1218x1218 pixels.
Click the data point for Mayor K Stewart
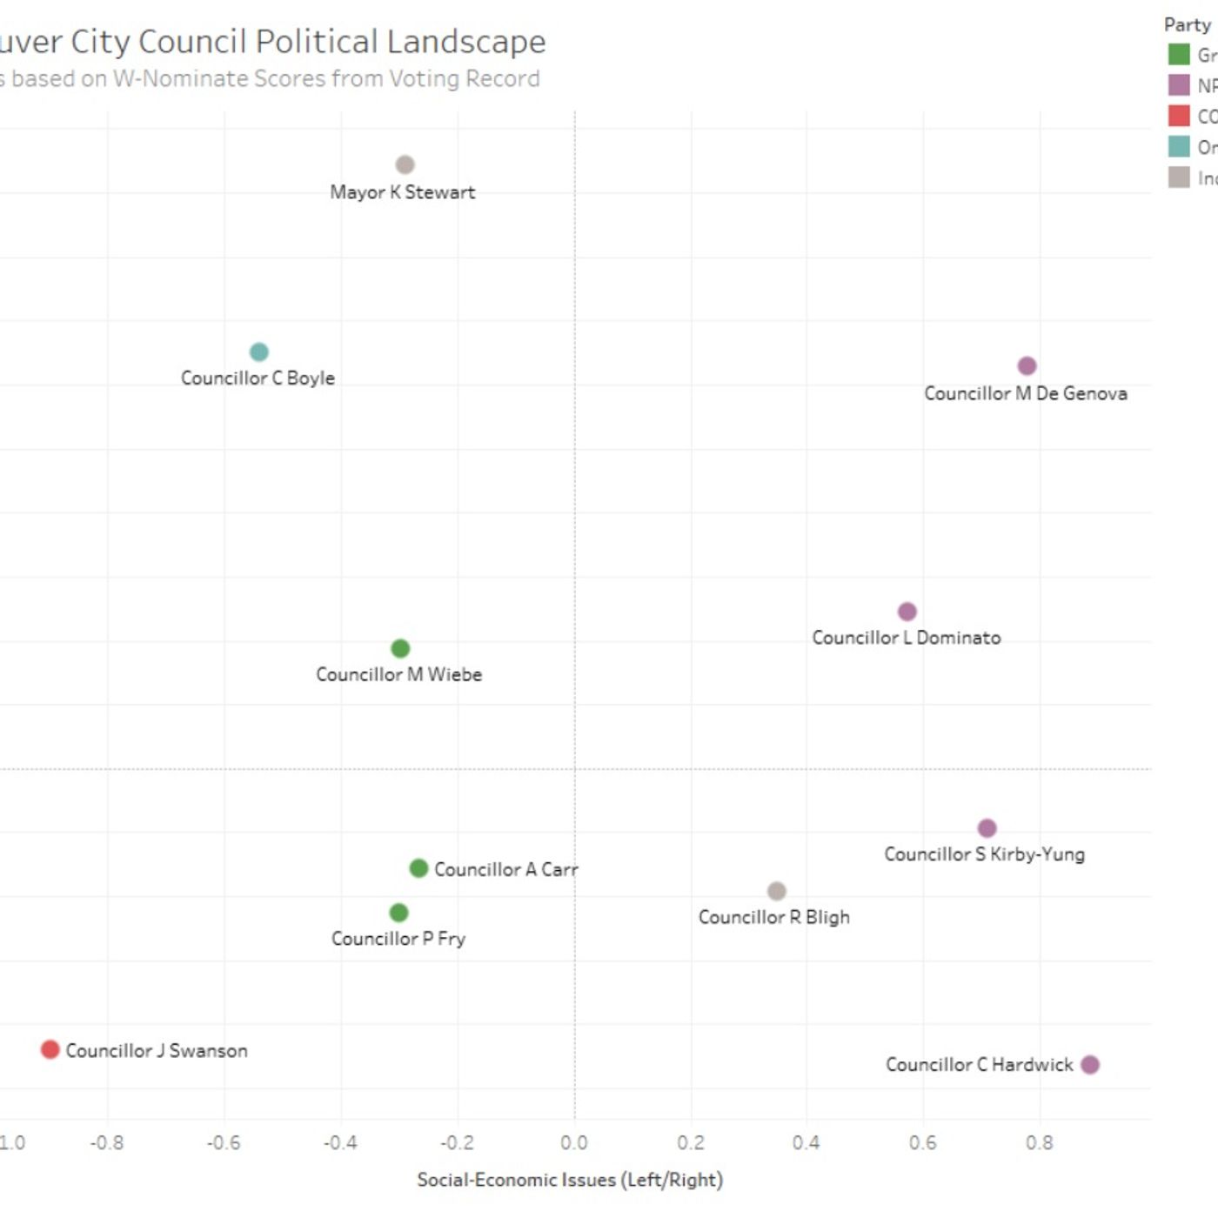point(405,164)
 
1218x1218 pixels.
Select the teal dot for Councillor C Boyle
point(259,352)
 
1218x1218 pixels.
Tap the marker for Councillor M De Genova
point(1027,366)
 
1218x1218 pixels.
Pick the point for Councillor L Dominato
point(907,612)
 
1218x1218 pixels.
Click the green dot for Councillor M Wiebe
point(400,648)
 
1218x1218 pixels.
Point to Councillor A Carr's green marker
point(418,868)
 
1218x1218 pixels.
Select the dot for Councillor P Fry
point(398,913)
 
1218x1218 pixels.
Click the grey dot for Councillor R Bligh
point(777,891)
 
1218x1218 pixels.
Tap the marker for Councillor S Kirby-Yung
point(987,828)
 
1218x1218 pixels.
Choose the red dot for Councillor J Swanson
point(50,1049)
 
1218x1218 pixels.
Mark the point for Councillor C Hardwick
point(1090,1064)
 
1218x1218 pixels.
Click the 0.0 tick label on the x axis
point(574,1142)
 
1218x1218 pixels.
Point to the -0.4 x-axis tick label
point(340,1142)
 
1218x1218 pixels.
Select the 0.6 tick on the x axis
point(923,1142)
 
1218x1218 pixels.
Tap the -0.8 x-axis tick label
point(107,1142)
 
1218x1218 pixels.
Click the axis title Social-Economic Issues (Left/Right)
point(570,1180)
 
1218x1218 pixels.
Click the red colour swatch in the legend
point(1179,116)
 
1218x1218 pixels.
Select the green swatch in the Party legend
point(1179,54)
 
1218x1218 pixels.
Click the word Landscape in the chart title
point(466,42)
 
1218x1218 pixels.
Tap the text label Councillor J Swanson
point(157,1051)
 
